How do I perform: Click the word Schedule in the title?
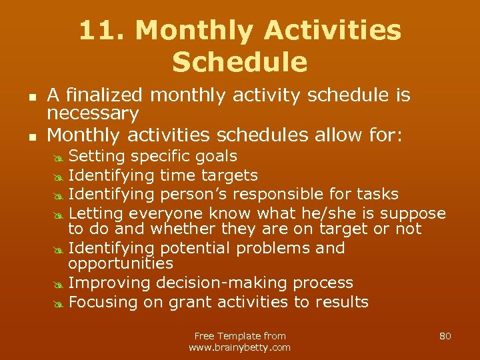point(240,62)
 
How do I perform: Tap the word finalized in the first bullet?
point(117,96)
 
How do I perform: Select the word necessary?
point(93,113)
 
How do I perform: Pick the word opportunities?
point(121,264)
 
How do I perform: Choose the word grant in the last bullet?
point(190,302)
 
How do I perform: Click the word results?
point(343,302)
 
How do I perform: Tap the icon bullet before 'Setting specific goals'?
point(58,157)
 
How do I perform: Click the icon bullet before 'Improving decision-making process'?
point(58,284)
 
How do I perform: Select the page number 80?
point(445,336)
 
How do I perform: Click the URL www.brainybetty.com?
point(240,347)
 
